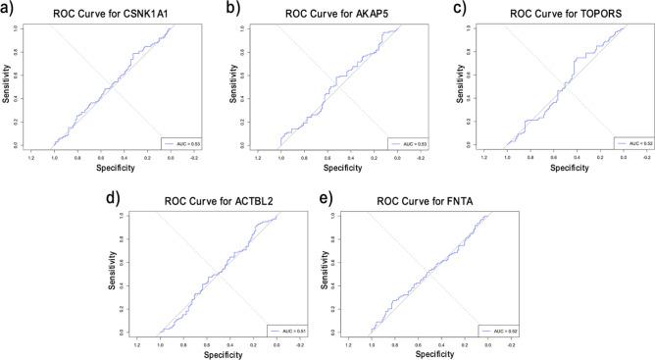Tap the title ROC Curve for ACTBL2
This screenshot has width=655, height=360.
[218, 202]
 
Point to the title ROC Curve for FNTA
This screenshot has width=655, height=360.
[429, 202]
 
